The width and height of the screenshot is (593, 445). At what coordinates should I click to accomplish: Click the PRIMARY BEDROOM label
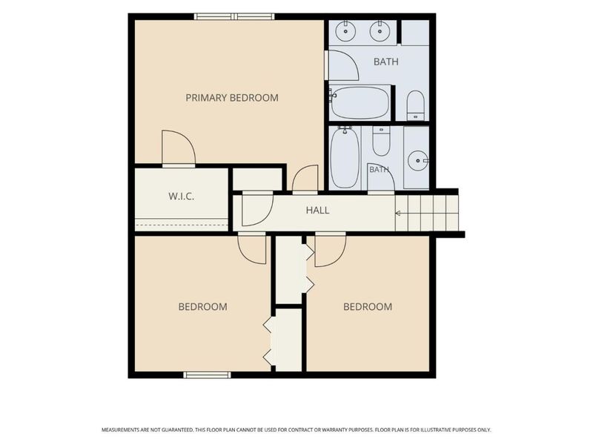pyautogui.click(x=232, y=98)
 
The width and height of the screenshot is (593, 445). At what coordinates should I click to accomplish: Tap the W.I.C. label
pyautogui.click(x=181, y=196)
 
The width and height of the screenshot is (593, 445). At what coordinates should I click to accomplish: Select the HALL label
pyautogui.click(x=318, y=210)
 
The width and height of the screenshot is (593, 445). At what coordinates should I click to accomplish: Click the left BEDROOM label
pyautogui.click(x=202, y=306)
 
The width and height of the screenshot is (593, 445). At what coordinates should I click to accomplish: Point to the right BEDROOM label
pyautogui.click(x=368, y=306)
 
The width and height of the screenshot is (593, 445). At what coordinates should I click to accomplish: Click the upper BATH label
pyautogui.click(x=385, y=62)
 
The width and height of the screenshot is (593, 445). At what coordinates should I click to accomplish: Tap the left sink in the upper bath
pyautogui.click(x=345, y=31)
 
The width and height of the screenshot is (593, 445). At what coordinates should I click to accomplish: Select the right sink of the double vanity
pyautogui.click(x=379, y=31)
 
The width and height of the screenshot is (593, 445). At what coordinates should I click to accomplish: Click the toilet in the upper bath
pyautogui.click(x=415, y=105)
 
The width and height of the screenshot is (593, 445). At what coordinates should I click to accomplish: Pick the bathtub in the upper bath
pyautogui.click(x=360, y=102)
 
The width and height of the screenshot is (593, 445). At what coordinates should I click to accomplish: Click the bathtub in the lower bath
pyautogui.click(x=345, y=157)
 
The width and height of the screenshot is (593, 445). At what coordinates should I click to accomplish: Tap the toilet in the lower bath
pyautogui.click(x=381, y=141)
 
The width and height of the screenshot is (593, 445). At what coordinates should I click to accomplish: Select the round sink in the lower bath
pyautogui.click(x=418, y=161)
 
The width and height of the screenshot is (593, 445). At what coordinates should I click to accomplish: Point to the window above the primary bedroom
pyautogui.click(x=234, y=16)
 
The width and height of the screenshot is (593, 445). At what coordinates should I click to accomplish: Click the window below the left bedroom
pyautogui.click(x=207, y=375)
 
